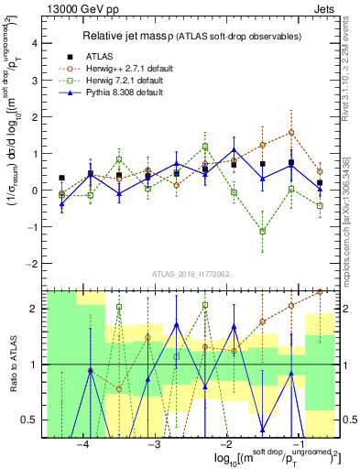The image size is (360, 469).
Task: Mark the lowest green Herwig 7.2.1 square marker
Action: point(263,231)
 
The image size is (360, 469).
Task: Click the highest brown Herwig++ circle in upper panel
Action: point(291,132)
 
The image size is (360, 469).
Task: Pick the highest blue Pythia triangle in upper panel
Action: point(235,150)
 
